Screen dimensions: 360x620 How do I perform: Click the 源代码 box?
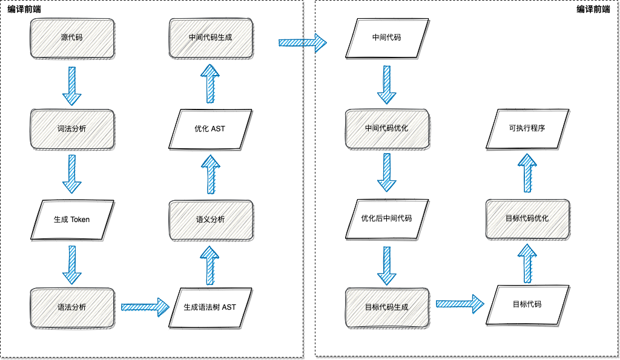[x=72, y=38]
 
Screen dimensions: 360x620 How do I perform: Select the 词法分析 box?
[x=72, y=129]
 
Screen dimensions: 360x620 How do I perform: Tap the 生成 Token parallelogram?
[x=72, y=219]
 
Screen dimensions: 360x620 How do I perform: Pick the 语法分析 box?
[x=72, y=307]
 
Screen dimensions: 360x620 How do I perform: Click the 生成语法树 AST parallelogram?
[x=210, y=307]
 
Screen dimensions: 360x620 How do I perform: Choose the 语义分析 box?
[x=210, y=219]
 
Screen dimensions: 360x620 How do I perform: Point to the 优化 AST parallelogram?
[x=210, y=129]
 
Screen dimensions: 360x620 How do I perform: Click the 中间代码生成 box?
[x=210, y=38]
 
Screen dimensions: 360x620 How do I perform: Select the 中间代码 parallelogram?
[x=386, y=38]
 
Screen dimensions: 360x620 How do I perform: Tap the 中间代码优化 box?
[x=386, y=129]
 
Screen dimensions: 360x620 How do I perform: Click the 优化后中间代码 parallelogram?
[x=386, y=218]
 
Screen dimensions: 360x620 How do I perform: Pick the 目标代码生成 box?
[x=386, y=307]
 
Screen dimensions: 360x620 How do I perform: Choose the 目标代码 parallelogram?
[x=527, y=304]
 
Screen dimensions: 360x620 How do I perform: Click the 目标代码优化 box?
[x=527, y=218]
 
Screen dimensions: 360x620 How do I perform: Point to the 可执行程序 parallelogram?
[x=527, y=129]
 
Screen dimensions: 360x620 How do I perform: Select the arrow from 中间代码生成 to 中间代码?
[x=302, y=42]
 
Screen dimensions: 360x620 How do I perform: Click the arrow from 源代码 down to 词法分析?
[x=72, y=85]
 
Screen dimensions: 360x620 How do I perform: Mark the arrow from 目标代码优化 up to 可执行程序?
[x=527, y=173]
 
